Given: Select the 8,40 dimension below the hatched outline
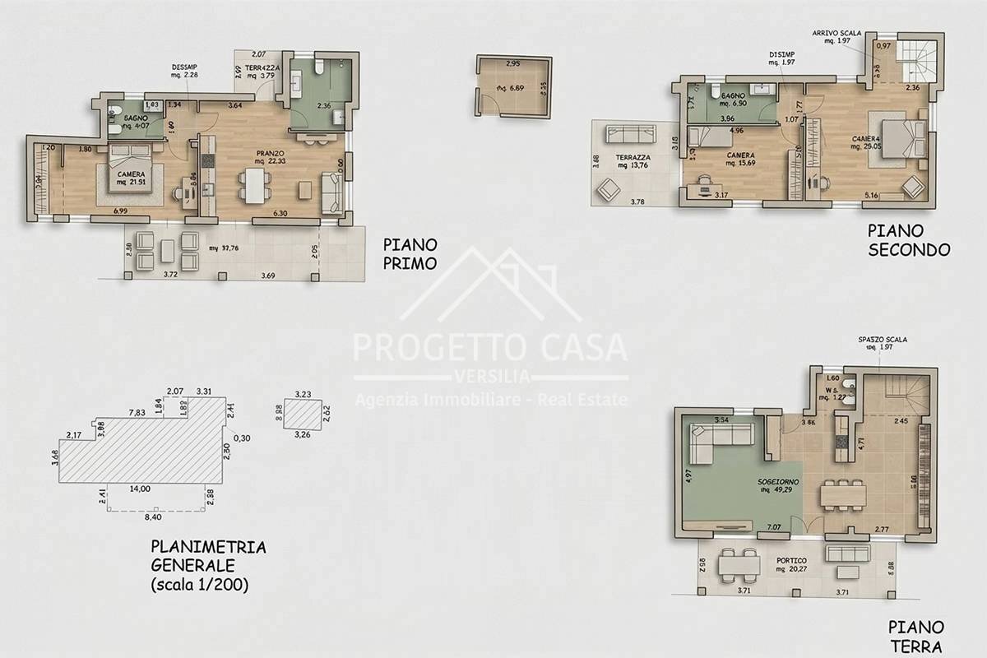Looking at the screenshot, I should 153,518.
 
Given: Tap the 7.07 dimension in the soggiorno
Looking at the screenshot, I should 774,526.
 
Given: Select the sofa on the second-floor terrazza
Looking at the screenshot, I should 628,133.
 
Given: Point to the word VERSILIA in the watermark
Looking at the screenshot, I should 491,377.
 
